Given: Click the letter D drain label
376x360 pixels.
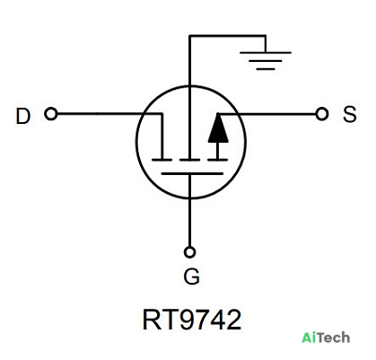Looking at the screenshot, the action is (23, 116).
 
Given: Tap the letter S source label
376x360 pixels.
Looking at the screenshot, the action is (350, 114).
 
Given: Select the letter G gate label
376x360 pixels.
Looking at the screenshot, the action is (191, 277).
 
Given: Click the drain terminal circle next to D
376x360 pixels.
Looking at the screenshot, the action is (51, 114).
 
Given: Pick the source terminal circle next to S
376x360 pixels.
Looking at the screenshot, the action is (322, 114).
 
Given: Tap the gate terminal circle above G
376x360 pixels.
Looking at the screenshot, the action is (189, 252).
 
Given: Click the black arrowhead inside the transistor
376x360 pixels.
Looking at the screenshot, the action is (218, 129).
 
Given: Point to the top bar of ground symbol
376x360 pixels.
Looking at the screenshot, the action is (266, 53).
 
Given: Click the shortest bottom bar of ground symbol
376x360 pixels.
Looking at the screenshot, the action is (266, 69).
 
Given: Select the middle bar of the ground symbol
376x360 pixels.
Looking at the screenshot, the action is (266, 61).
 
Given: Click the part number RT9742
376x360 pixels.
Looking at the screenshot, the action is (192, 320).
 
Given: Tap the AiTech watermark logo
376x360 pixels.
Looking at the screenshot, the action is (326, 338).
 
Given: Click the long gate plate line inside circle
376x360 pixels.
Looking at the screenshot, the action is (192, 173).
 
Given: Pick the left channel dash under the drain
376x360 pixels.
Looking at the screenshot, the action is (162, 160).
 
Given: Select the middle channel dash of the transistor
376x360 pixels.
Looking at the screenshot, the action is (189, 160).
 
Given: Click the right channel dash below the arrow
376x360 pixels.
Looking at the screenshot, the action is (218, 160).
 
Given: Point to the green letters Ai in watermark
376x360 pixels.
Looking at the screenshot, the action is (308, 338).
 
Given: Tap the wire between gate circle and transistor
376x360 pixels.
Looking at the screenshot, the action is (189, 210).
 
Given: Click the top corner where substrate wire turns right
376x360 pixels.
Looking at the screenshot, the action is (189, 36).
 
